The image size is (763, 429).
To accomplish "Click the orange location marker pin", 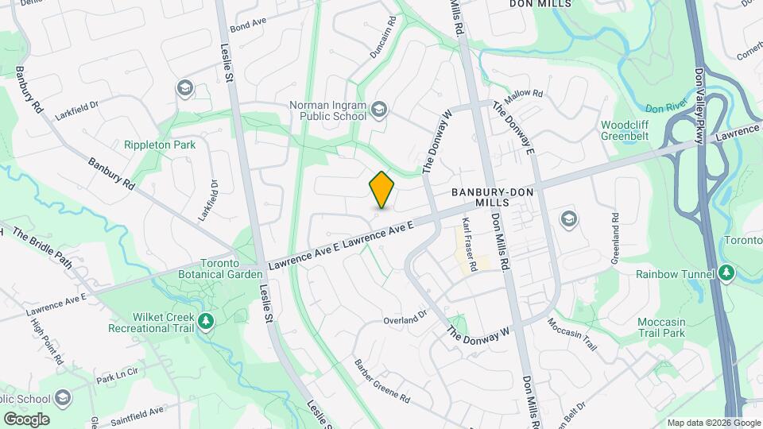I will pos(382,190).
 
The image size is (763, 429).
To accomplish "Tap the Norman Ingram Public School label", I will pos(328,110).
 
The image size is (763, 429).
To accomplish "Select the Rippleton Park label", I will pos(160,145).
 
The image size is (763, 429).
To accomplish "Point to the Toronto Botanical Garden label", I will pos(220,269).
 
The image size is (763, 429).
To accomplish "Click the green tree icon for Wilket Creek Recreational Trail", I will pos(206,321).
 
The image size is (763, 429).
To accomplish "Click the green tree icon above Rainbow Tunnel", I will pos(726,273).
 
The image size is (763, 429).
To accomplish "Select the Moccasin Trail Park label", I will pos(661,327).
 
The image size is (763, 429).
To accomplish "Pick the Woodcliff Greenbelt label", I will pos(625,130).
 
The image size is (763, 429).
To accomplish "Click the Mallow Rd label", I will pos(524,94).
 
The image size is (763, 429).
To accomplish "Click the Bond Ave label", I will pos(248,26).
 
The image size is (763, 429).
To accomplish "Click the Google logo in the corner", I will pos(26,419).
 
